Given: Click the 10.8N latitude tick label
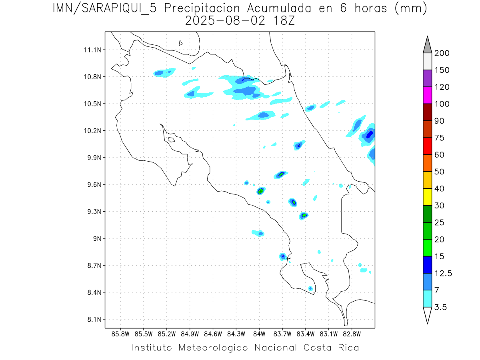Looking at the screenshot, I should [92, 77].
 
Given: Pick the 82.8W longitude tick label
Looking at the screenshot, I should [352, 334].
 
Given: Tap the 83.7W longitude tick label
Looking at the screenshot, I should [282, 334].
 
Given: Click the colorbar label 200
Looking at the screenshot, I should [442, 53].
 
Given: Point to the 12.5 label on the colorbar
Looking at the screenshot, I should [444, 273].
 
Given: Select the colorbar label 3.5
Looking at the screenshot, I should [440, 307].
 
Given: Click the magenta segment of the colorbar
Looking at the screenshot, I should [428, 95].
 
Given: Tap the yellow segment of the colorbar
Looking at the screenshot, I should [428, 197].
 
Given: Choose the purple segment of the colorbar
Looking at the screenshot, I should [428, 78].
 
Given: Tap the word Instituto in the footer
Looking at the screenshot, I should [152, 348].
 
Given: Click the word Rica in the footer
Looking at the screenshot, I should [347, 348].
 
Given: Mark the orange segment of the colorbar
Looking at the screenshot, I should [428, 163].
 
